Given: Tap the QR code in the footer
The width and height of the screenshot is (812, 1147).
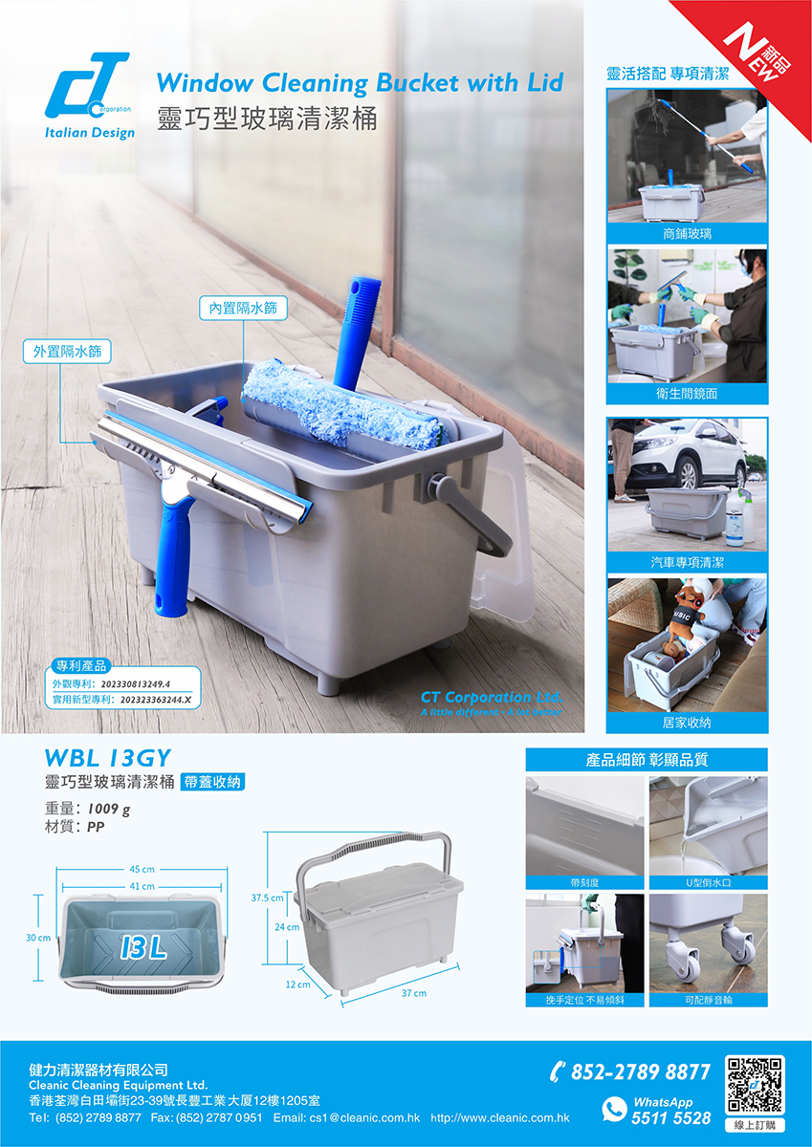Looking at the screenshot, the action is [756, 1085].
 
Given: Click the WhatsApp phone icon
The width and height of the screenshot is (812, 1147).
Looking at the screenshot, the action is [614, 1109].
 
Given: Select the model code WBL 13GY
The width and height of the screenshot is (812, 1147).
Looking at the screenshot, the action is [107, 758].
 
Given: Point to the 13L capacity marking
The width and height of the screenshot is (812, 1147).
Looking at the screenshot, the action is [144, 948].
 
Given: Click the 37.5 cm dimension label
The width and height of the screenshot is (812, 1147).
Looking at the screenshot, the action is [268, 898].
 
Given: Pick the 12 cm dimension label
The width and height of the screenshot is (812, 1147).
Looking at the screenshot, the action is [297, 985].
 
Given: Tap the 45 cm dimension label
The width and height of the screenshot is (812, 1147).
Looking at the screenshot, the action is [142, 869].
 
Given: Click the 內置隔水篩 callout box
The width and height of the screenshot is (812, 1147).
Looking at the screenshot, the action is [243, 308].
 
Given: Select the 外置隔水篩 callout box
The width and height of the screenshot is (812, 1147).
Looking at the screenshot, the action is [67, 352].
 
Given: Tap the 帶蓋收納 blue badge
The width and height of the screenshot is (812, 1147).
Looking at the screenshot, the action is [212, 782].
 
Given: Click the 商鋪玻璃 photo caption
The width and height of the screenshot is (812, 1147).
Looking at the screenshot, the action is [687, 234].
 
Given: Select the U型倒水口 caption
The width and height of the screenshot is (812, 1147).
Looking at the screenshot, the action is [708, 882].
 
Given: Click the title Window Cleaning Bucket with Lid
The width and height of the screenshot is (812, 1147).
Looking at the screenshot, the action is [360, 82].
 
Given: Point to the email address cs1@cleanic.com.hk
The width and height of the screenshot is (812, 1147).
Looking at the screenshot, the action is [347, 1117].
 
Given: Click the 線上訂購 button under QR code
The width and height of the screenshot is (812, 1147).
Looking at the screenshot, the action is [756, 1125].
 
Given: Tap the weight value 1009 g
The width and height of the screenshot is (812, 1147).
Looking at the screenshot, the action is [109, 809].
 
